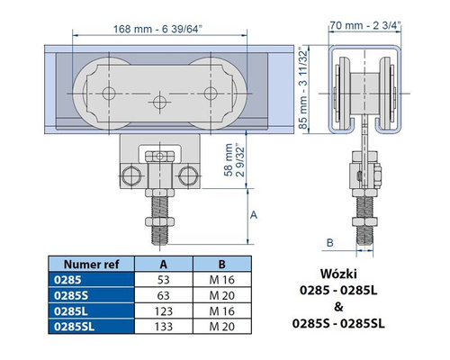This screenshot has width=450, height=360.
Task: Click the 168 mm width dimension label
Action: (x=157, y=29)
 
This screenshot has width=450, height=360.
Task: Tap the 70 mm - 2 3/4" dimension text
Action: (x=365, y=25)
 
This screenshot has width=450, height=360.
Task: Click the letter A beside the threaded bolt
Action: (x=254, y=215)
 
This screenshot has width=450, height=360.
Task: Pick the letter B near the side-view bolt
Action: (x=329, y=242)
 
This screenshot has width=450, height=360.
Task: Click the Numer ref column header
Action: (x=91, y=265)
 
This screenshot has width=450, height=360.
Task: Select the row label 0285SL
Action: (x=74, y=327)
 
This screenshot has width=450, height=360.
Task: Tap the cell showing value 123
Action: (x=164, y=311)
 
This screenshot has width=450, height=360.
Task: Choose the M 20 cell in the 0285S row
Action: (x=222, y=295)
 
